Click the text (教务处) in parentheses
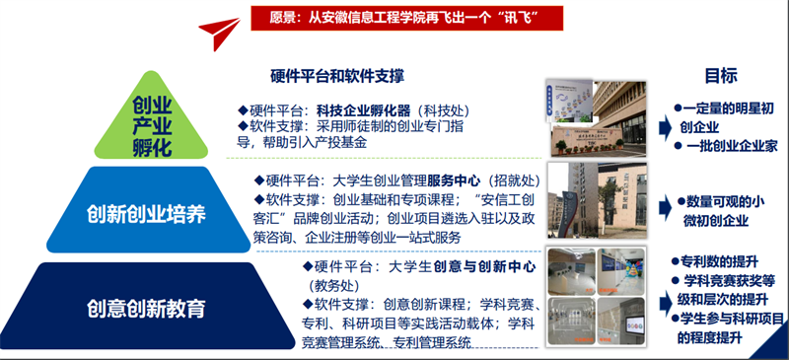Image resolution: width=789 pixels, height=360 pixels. (333, 285)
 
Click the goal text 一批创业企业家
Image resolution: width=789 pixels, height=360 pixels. (729, 145)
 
